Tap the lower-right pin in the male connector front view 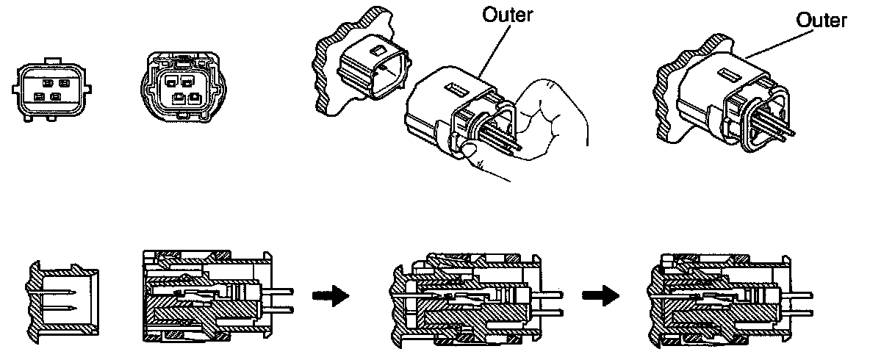[57, 96]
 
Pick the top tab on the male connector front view [51, 57]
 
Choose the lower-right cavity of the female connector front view [193, 97]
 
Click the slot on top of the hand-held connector [454, 90]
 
